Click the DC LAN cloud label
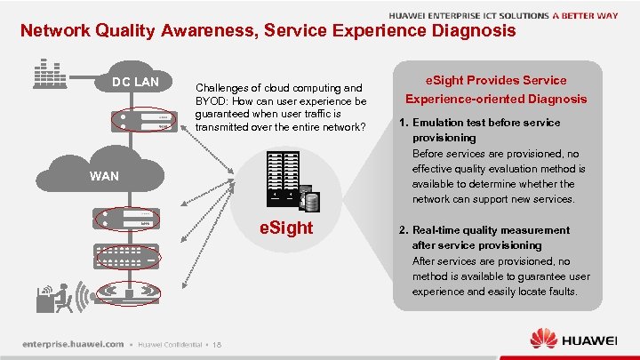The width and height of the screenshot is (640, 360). (x=135, y=83)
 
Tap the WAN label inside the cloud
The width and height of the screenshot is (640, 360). (x=104, y=176)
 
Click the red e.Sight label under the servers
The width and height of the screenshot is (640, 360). (x=286, y=228)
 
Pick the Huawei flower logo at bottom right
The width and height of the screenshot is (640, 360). (x=543, y=339)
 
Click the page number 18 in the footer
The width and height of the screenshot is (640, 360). (x=217, y=345)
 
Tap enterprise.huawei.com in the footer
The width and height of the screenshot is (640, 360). (x=73, y=344)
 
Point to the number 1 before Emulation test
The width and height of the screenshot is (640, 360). (x=402, y=123)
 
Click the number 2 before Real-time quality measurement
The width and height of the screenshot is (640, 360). (x=402, y=229)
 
